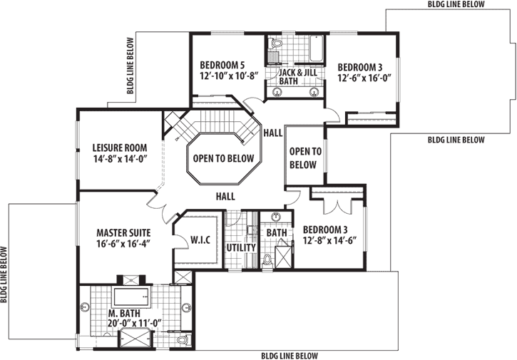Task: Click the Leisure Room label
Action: [x=119, y=148]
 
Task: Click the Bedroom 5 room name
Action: [x=222, y=62]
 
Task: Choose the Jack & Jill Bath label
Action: [x=297, y=77]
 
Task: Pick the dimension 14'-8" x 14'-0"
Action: [x=119, y=160]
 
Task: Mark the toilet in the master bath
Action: [x=183, y=341]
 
